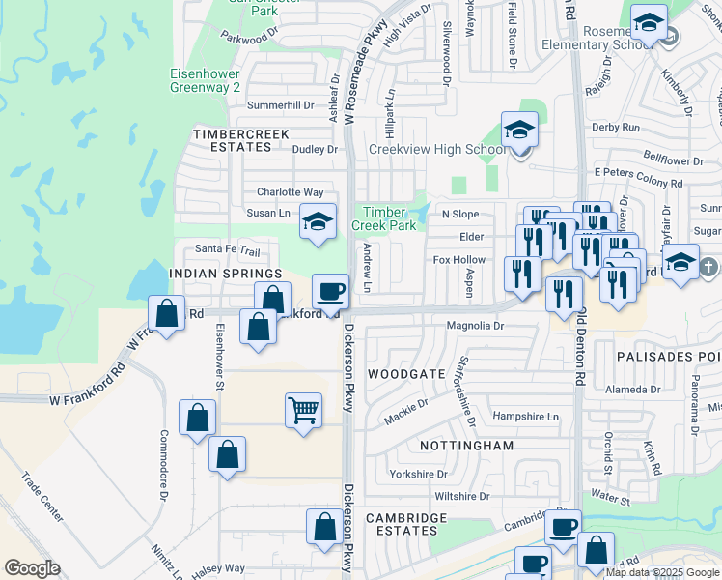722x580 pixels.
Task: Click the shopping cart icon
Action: click(303, 410)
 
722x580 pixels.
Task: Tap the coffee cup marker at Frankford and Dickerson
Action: click(330, 291)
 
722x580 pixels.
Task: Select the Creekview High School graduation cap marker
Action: click(519, 130)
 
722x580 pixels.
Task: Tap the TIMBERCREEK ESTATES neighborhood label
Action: click(232, 140)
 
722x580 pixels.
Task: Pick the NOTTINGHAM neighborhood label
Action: click(467, 446)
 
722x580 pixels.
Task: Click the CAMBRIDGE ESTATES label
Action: click(406, 525)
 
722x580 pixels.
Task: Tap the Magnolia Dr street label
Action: click(475, 327)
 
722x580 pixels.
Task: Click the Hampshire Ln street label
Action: click(526, 417)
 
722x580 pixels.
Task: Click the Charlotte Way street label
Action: click(290, 192)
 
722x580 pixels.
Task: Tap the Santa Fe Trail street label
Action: click(228, 249)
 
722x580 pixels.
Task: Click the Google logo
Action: click(32, 568)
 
